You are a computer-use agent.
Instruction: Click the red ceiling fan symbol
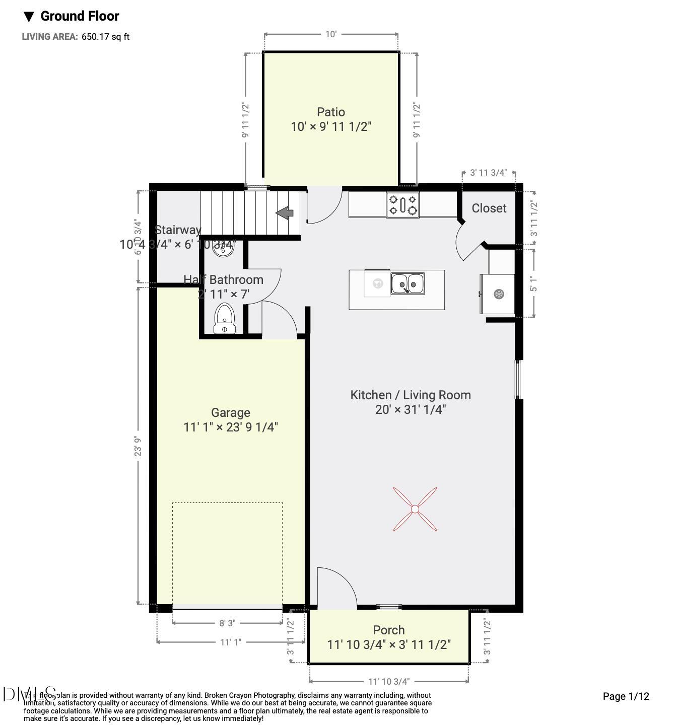point(415,509)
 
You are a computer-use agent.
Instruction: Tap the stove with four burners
point(402,205)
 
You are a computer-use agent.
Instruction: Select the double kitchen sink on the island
point(408,284)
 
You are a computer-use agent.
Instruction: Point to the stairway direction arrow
point(285,213)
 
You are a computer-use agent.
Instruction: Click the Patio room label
point(331,112)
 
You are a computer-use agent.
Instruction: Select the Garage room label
point(231,413)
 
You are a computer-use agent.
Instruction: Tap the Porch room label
point(388,630)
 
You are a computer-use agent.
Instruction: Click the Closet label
point(489,208)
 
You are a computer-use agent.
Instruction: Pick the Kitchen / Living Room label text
point(411,395)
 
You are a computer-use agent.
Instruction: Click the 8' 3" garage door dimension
point(227,623)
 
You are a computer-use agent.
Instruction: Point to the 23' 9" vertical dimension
point(138,446)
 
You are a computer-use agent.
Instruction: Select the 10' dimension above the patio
point(330,34)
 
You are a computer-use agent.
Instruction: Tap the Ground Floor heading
point(79,16)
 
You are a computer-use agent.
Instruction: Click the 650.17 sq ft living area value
point(105,37)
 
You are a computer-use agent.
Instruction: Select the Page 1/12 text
point(626,696)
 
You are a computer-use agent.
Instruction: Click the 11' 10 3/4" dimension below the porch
point(388,681)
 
